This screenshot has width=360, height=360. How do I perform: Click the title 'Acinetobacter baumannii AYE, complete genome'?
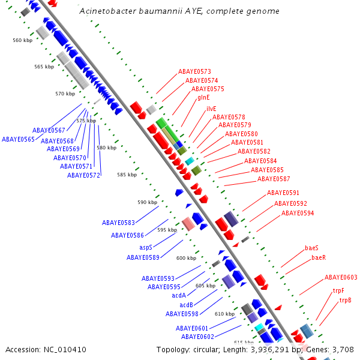179,12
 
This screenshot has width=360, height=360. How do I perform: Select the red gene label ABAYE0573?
194,72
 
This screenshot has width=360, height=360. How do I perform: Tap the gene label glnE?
203,97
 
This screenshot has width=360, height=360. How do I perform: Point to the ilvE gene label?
211,109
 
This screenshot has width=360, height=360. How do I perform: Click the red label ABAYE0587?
274,179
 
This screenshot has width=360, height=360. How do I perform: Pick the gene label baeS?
311,248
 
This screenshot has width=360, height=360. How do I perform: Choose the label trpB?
345,300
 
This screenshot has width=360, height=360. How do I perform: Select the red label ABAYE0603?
341,277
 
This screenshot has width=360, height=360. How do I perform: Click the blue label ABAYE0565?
18,139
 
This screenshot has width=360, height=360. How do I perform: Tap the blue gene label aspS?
146,247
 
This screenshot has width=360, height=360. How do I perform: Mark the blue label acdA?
179,295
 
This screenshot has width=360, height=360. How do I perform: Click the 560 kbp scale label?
22,40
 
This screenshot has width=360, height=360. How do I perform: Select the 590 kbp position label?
147,203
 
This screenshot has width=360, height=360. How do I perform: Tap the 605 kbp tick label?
205,286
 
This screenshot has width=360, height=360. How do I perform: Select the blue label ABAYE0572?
83,175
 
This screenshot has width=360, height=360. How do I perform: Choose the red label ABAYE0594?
298,213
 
